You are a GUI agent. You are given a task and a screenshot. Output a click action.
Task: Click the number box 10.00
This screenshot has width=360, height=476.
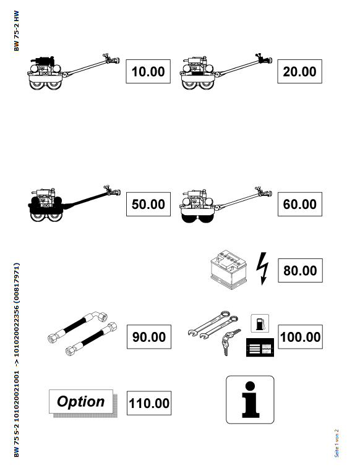(148, 71)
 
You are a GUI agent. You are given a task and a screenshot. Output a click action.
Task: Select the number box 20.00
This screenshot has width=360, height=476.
(299, 71)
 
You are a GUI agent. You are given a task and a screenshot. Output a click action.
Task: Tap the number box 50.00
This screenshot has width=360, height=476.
(148, 204)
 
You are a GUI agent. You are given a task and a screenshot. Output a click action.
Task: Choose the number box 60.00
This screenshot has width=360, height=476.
(300, 204)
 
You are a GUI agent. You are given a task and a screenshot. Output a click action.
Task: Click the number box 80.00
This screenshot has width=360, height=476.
(300, 271)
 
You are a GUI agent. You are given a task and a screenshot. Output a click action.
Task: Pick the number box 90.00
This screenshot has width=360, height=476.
(149, 337)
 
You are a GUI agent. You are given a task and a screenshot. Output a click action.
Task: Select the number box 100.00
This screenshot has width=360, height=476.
(300, 337)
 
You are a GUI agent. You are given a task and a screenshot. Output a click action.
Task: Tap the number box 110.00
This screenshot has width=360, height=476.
(149, 403)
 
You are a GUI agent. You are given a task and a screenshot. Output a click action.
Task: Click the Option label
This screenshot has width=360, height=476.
(81, 401)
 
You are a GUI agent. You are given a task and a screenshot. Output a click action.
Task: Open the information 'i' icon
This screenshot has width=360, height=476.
(250, 399)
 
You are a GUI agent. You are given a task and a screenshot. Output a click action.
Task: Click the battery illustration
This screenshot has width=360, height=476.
(229, 270)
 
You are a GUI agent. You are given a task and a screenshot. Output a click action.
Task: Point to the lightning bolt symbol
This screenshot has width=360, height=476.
(262, 269)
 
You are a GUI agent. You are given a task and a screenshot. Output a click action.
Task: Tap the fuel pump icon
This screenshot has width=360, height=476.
(260, 323)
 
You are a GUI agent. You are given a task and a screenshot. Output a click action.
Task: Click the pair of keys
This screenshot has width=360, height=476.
(229, 342)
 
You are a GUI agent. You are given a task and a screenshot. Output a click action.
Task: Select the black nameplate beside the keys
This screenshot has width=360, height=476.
(260, 347)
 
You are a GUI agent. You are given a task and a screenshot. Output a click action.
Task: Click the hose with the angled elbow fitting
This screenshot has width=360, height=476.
(78, 326)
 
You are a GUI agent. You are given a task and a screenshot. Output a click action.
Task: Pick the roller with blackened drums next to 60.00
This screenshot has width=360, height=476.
(225, 205)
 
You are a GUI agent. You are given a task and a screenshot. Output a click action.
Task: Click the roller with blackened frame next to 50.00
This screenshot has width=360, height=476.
(74, 204)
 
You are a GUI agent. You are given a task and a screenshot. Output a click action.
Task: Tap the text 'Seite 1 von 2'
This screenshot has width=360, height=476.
(336, 443)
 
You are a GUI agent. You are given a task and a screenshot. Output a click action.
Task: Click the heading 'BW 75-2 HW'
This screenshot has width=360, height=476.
(17, 31)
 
